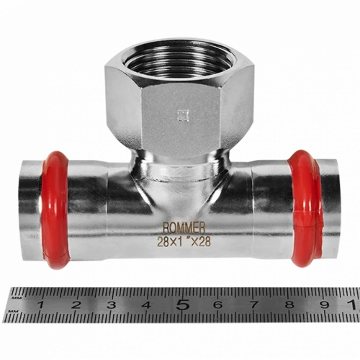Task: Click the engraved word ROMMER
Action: pyautogui.click(x=184, y=228)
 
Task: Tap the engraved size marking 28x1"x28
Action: pyautogui.click(x=184, y=242)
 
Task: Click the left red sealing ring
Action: pyautogui.click(x=55, y=210)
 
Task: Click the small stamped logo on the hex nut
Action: pyautogui.click(x=184, y=116)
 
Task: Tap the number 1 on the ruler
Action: pyautogui.click(x=40, y=305)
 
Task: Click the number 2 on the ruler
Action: pyautogui.click(x=76, y=305)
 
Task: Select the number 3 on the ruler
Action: pyautogui.click(x=112, y=305)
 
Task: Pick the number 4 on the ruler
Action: pyautogui.click(x=147, y=305)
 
